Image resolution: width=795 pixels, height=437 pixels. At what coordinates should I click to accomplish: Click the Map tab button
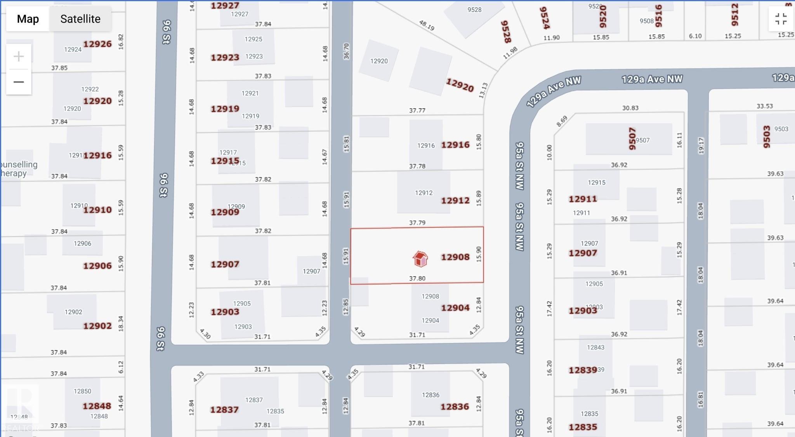28,19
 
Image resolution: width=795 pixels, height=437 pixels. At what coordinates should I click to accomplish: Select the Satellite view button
80,19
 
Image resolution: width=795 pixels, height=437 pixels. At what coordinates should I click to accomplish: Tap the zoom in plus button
19,57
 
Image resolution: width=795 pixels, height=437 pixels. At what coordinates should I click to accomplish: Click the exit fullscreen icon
781,19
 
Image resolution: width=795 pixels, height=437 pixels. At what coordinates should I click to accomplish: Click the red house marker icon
420,259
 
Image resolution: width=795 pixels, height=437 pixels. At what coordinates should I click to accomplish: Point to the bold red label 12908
455,257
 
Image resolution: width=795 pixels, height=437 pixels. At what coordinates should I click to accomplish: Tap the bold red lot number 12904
455,308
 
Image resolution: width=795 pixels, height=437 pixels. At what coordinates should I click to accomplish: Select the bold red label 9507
632,138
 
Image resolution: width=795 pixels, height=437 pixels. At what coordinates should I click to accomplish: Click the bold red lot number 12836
455,407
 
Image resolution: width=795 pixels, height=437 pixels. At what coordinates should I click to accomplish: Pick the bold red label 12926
97,44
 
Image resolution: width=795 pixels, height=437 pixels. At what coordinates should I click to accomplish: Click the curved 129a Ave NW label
554,92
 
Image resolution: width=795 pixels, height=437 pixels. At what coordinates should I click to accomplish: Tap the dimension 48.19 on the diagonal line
427,25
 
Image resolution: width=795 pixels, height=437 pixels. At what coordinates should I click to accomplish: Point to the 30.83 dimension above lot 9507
630,108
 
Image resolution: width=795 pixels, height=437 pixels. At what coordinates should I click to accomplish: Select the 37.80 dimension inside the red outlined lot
417,278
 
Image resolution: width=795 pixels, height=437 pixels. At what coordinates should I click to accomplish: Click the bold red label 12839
582,370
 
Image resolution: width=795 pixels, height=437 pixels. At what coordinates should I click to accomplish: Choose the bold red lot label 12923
225,58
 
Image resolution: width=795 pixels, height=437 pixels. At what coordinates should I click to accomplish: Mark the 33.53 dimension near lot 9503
764,106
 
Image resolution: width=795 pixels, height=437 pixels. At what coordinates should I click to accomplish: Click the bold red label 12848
97,406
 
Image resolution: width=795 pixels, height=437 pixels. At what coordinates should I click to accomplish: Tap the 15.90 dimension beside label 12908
479,254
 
